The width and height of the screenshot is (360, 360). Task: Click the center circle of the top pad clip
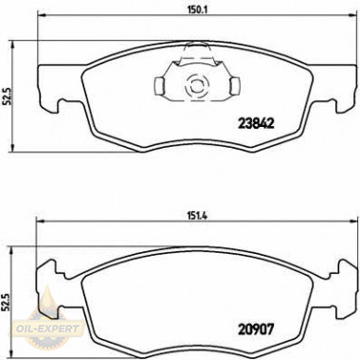click(x=197, y=82)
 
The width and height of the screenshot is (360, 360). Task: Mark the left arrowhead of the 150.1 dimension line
click(x=40, y=23)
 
